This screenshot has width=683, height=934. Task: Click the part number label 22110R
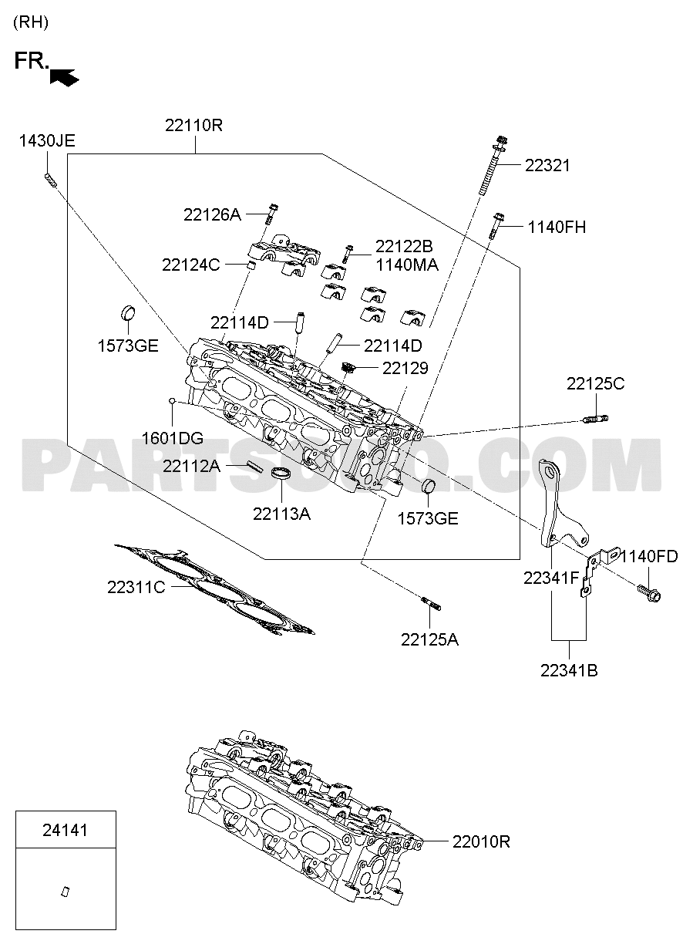point(193,125)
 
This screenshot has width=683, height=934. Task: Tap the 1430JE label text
point(47,141)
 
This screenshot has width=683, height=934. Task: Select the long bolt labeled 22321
point(493,165)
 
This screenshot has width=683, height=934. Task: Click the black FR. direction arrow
point(64,77)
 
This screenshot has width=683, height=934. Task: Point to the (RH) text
point(31,22)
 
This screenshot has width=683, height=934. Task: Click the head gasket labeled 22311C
point(214,589)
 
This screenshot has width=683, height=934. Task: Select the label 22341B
point(569,670)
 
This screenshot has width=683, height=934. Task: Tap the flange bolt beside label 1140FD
point(649,594)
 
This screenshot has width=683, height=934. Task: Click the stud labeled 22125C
point(595,418)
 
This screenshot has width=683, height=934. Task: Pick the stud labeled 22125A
point(431,603)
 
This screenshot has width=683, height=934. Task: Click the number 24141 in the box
point(65,830)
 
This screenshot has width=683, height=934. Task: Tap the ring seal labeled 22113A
point(281,474)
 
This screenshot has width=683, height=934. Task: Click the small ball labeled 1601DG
point(171,401)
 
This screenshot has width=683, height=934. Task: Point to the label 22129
point(405,368)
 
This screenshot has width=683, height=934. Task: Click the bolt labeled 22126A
point(271,214)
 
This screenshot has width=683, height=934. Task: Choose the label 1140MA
point(407,265)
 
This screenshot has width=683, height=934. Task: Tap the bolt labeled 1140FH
point(496,226)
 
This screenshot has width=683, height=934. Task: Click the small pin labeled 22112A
point(254,465)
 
